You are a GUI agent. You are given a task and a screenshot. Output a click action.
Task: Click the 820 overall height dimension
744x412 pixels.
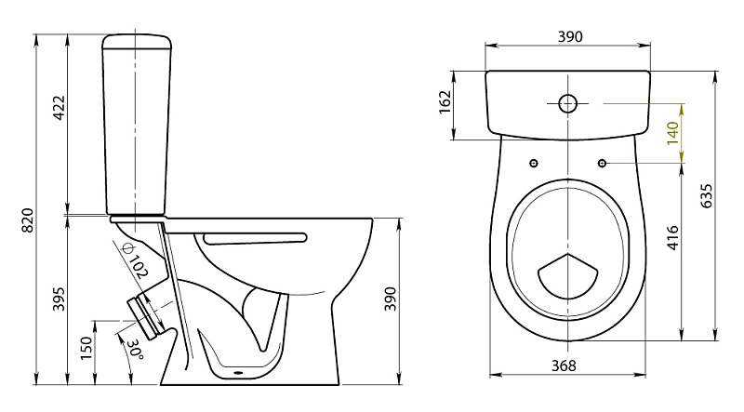click(28, 219)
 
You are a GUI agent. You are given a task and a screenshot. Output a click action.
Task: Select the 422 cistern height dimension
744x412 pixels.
click(60, 108)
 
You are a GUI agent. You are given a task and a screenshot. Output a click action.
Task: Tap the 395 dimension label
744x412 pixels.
click(59, 299)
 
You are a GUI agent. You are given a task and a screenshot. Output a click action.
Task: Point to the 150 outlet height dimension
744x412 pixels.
click(86, 348)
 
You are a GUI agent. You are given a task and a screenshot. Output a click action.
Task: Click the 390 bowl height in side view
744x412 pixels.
click(390, 299)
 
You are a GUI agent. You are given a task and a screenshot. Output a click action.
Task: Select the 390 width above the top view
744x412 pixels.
click(569, 36)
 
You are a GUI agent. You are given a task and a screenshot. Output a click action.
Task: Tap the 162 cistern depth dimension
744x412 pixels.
click(445, 102)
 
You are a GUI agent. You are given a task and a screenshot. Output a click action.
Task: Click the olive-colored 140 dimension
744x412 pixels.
click(672, 133)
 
